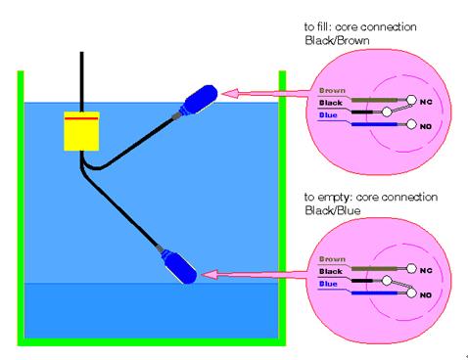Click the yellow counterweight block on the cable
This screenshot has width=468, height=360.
(81, 131)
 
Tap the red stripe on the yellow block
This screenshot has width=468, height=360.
(81, 118)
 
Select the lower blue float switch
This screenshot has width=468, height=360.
(179, 266)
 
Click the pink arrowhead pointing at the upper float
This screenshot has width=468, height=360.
(230, 94)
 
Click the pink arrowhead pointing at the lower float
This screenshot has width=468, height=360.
(210, 275)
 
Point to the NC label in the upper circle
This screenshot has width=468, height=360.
(426, 102)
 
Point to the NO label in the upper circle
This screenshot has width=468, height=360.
(426, 126)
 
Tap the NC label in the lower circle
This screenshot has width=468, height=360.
(426, 271)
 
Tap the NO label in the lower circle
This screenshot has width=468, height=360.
(426, 295)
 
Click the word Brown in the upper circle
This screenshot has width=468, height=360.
(332, 91)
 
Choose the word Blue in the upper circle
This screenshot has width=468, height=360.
(328, 115)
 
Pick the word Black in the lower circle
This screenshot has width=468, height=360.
(331, 271)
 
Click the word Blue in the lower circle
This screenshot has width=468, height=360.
(328, 284)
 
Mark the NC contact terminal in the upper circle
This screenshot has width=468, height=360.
(411, 100)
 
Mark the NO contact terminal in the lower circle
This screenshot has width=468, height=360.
(411, 292)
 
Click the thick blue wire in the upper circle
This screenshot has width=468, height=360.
(374, 124)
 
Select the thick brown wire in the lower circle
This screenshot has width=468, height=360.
(374, 269)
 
